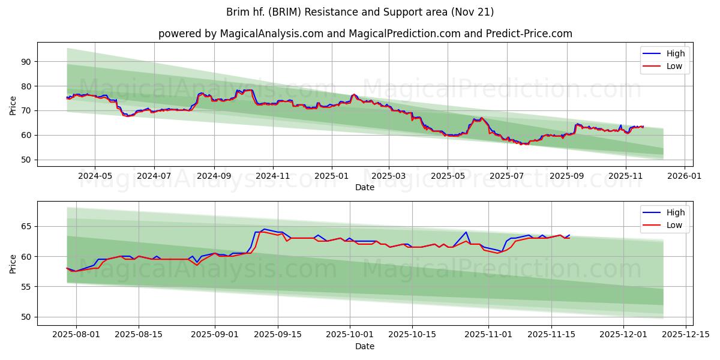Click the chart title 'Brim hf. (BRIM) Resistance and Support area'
(360, 12)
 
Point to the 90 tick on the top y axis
(26, 62)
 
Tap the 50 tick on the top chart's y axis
(26, 160)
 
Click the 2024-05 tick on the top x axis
(95, 176)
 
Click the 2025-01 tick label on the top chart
(331, 176)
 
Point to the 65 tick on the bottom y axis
(26, 227)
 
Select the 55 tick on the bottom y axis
(26, 287)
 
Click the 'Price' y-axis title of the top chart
(13, 104)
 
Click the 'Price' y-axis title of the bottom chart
(13, 263)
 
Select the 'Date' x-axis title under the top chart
(365, 187)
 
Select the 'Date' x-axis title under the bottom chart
(365, 346)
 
